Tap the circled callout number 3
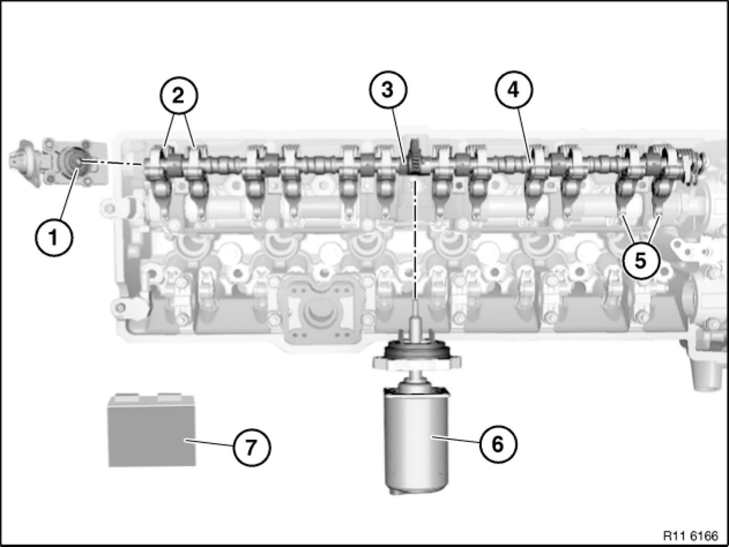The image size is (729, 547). coord(388,90)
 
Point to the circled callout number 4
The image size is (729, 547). coord(514,90)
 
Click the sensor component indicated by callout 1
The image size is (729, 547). coord(60,161)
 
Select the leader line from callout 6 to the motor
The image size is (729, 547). coord(455,441)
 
